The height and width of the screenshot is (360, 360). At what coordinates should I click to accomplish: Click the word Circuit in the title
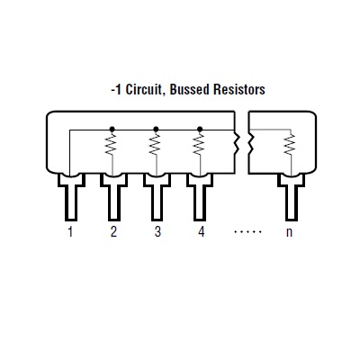tap(145, 89)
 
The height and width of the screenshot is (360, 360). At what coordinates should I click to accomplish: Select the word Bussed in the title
tap(189, 89)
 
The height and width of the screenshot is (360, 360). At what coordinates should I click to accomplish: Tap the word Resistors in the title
tap(239, 89)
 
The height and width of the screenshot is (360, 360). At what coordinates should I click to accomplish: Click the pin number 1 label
tap(70, 231)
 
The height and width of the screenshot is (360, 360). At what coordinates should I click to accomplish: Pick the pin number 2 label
tap(113, 231)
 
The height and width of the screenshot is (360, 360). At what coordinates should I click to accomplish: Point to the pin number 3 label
tap(157, 231)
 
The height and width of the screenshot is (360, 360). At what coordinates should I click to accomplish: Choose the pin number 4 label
tap(201, 231)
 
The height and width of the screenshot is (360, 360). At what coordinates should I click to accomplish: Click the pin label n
tap(289, 232)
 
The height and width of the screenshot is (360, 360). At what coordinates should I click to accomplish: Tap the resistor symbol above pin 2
tap(112, 145)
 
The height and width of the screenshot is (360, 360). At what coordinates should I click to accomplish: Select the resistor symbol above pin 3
tap(156, 145)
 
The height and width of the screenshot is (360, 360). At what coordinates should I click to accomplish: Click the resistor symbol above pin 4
tap(200, 145)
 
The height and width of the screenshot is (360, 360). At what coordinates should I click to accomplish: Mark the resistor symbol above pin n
tap(290, 145)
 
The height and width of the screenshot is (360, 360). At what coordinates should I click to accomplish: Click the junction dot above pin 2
tap(112, 129)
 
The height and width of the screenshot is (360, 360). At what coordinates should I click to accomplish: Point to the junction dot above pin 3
tap(156, 129)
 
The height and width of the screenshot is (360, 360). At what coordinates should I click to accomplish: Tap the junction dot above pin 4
tap(200, 129)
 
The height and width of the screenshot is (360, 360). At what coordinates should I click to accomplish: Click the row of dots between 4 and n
tap(248, 231)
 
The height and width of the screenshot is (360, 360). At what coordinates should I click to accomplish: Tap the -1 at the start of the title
tap(116, 90)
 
